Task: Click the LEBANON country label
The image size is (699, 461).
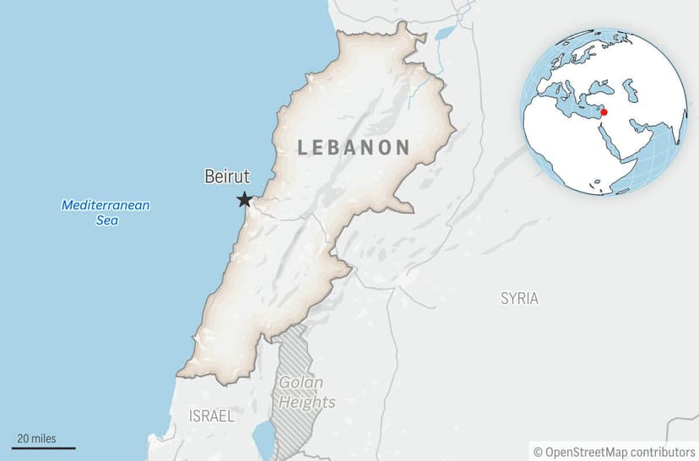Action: pyautogui.click(x=354, y=147)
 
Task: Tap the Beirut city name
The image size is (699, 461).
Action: pyautogui.click(x=227, y=176)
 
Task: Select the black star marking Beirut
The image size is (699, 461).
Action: pyautogui.click(x=244, y=199)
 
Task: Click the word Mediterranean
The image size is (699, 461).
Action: pyautogui.click(x=106, y=205)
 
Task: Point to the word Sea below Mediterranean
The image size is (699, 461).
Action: pyautogui.click(x=106, y=220)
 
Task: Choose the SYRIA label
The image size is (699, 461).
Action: pyautogui.click(x=519, y=298)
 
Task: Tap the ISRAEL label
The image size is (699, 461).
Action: pyautogui.click(x=212, y=415)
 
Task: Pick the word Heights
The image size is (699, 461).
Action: pyautogui.click(x=307, y=402)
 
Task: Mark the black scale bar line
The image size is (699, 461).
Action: pyautogui.click(x=44, y=448)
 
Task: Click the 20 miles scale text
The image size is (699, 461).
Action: pyautogui.click(x=37, y=437)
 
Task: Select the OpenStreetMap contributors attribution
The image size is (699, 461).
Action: pyautogui.click(x=616, y=452)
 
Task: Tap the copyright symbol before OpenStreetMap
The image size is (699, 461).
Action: pyautogui.click(x=537, y=452)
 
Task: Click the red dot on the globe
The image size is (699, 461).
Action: pyautogui.click(x=604, y=112)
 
